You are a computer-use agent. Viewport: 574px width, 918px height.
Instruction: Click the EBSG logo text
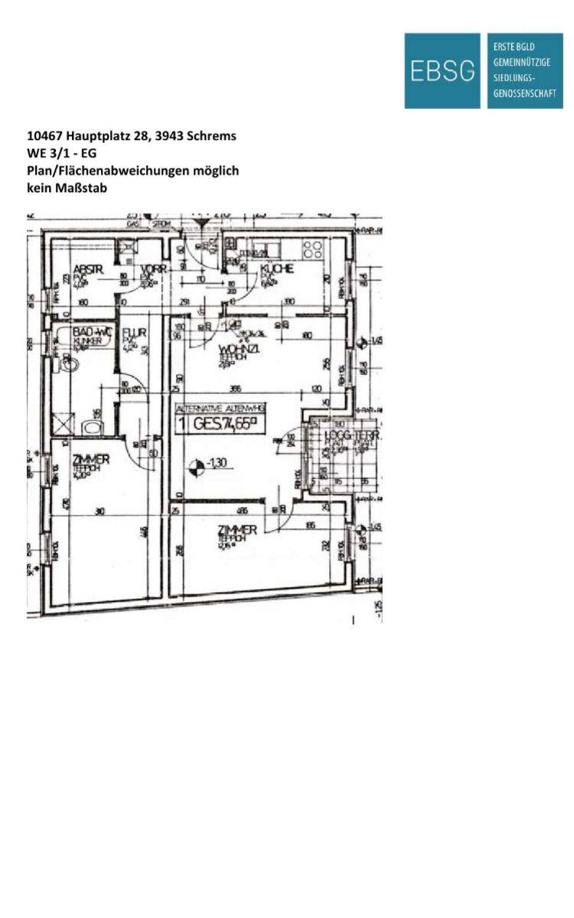[x=442, y=70]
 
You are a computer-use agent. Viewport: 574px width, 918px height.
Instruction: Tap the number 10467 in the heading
[x=44, y=136]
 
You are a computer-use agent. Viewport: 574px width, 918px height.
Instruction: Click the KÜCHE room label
[x=276, y=269]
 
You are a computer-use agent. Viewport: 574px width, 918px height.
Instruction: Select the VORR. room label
[x=154, y=269]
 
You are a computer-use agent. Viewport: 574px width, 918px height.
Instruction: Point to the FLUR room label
[x=134, y=334]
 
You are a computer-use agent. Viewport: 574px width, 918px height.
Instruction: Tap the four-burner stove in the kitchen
[x=312, y=249]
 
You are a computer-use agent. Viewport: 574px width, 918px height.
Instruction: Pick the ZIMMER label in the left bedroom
[x=90, y=459]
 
